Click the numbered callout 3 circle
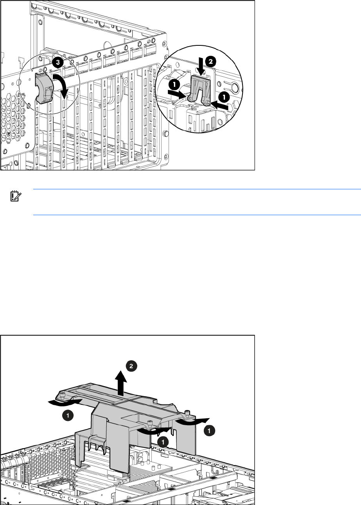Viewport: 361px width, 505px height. pyautogui.click(x=58, y=62)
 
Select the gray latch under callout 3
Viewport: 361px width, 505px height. pyautogui.click(x=44, y=88)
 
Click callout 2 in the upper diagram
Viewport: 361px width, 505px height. pyautogui.click(x=210, y=61)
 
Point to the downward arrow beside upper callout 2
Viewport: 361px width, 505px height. pyautogui.click(x=202, y=66)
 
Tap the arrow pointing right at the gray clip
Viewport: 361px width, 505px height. pyautogui.click(x=177, y=94)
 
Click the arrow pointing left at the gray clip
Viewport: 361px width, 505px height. pyautogui.click(x=219, y=106)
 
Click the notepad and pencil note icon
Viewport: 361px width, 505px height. pyautogui.click(x=16, y=196)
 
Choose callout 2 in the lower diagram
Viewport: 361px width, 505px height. pyautogui.click(x=131, y=366)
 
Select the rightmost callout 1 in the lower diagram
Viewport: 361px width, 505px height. pyautogui.click(x=209, y=431)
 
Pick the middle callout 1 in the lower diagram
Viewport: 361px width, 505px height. pyautogui.click(x=163, y=442)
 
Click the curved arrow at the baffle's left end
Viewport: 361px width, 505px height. pyautogui.click(x=65, y=401)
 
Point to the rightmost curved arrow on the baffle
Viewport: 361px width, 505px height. pyautogui.click(x=193, y=421)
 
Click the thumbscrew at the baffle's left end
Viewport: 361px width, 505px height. pyautogui.click(x=62, y=394)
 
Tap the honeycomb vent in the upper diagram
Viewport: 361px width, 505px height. pyautogui.click(x=13, y=119)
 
